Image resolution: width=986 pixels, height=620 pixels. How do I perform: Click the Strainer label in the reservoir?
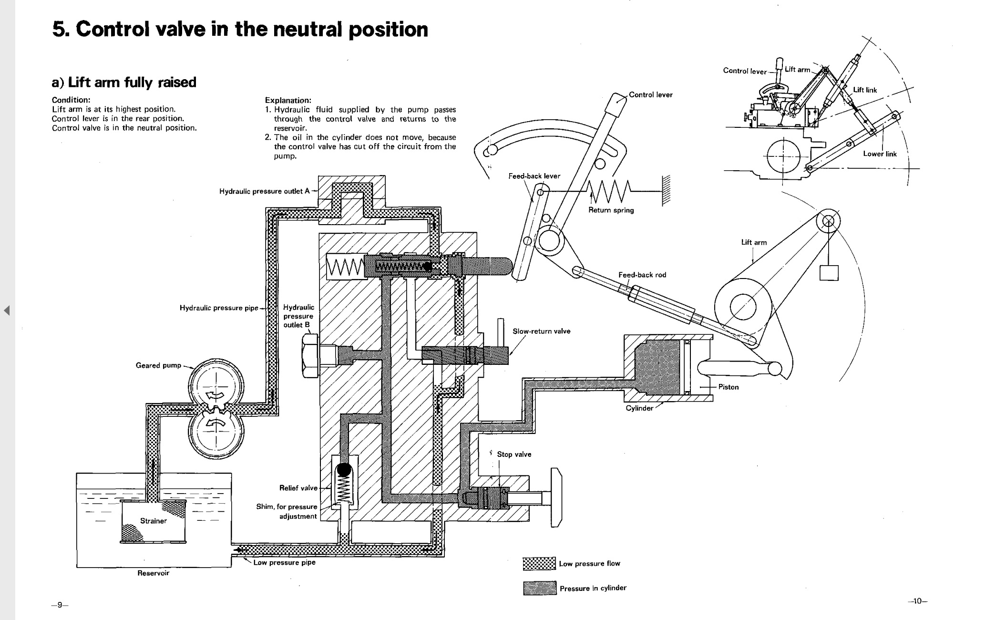pyautogui.click(x=153, y=521)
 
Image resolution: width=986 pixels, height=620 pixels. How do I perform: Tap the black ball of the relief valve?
pyautogui.click(x=344, y=470)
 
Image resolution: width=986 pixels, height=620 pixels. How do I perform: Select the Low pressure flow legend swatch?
pyautogui.click(x=539, y=563)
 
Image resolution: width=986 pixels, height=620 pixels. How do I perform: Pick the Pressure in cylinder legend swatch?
pyautogui.click(x=539, y=588)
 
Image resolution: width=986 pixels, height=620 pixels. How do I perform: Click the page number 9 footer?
pyautogui.click(x=60, y=605)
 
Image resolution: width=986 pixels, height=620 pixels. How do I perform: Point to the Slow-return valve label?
pyautogui.click(x=541, y=331)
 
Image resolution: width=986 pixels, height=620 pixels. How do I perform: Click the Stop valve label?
pyautogui.click(x=514, y=454)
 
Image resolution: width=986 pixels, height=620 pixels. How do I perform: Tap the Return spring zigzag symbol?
pyautogui.click(x=609, y=192)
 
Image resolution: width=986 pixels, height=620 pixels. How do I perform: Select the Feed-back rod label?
pyautogui.click(x=642, y=275)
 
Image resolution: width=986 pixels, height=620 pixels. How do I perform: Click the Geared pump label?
pyautogui.click(x=158, y=365)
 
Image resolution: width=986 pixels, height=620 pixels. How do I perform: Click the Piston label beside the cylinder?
pyautogui.click(x=728, y=387)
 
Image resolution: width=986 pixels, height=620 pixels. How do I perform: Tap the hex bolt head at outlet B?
pyautogui.click(x=310, y=355)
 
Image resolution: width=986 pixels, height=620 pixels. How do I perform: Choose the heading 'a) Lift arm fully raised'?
pyautogui.click(x=124, y=82)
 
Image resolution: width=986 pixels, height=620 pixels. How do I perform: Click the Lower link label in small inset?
pyautogui.click(x=880, y=154)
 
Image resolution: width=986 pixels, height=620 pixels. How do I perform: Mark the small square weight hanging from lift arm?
pyautogui.click(x=829, y=272)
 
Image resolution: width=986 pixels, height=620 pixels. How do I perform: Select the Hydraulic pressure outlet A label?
pyautogui.click(x=264, y=191)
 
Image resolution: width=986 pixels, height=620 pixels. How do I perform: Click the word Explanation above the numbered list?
pyautogui.click(x=288, y=100)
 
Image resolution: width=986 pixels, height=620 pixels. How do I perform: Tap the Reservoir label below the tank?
pyautogui.click(x=153, y=573)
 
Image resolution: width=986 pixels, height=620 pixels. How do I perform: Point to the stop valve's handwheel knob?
pyautogui.click(x=556, y=497)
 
